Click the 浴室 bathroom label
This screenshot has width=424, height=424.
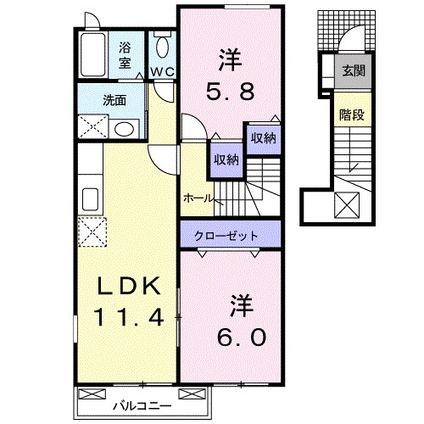(126, 55)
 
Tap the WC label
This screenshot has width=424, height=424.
(163, 71)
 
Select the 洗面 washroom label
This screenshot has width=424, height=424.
(114, 100)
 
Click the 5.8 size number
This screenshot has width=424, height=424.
(231, 88)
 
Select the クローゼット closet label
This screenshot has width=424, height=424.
(229, 234)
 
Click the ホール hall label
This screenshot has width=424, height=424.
(198, 198)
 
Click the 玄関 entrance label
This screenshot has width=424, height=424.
(353, 71)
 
